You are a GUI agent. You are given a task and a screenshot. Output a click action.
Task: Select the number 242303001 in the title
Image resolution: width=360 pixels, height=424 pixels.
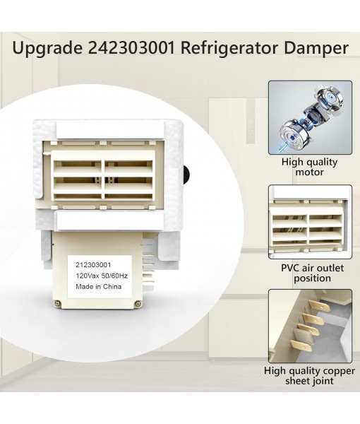[x=133, y=49]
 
